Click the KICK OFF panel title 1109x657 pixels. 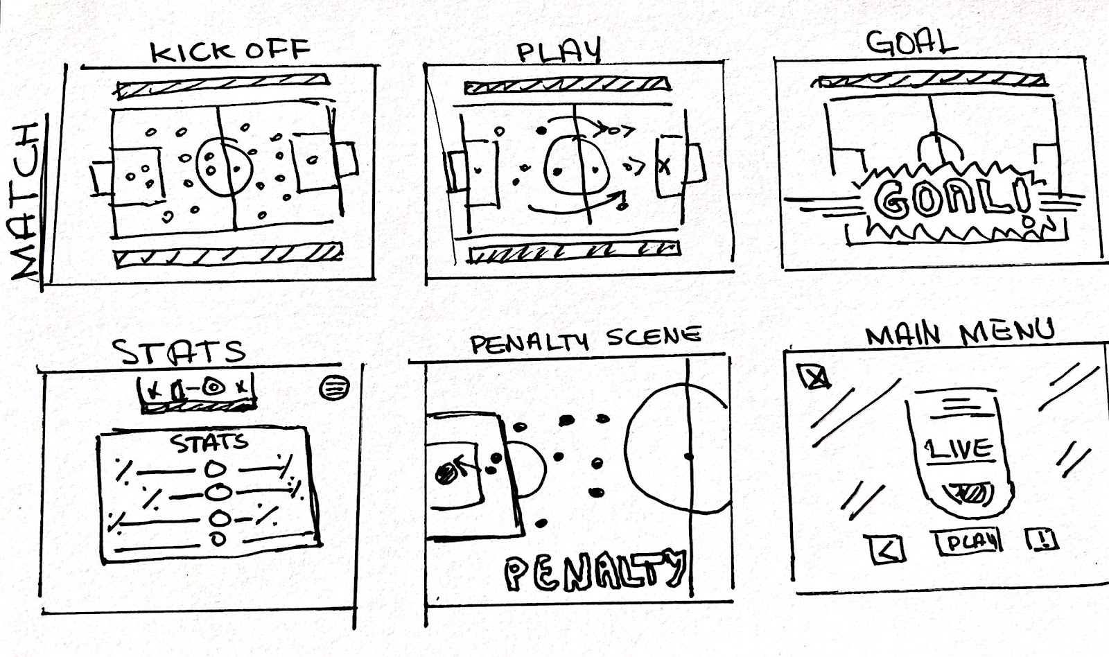click(230, 51)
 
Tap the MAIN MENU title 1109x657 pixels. click(959, 333)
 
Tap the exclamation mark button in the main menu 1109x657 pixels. click(1041, 538)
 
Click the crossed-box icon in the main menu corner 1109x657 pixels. click(814, 377)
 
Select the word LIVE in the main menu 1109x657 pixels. click(959, 448)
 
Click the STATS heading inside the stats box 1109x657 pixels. click(210, 443)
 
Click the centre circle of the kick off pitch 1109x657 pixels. click(223, 165)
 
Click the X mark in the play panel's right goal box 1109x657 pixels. click(665, 167)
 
